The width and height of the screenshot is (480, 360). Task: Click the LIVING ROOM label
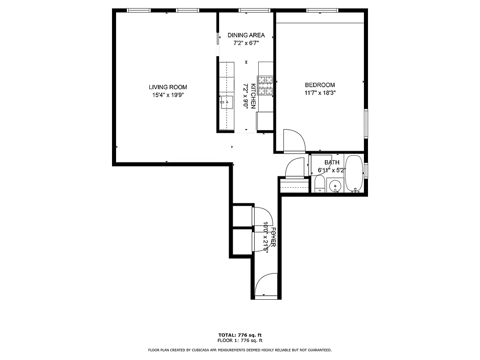[x=168, y=87]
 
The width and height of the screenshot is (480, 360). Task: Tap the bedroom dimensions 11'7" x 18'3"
[x=320, y=93]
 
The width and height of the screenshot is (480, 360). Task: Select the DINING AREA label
[x=246, y=35]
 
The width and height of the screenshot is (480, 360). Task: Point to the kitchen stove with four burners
[x=265, y=86]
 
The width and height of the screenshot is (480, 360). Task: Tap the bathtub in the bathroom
[x=354, y=174]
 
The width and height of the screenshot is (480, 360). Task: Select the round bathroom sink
[x=335, y=185]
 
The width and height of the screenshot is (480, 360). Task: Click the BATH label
[x=332, y=162]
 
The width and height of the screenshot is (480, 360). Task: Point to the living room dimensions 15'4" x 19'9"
[x=168, y=95]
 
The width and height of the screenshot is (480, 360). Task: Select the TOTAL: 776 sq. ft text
[x=240, y=335]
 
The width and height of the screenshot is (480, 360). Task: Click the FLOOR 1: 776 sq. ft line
[x=240, y=341]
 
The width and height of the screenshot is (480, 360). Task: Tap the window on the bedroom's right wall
[x=366, y=124]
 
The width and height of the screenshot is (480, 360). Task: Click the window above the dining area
[x=254, y=10]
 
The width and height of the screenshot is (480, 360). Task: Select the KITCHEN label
[x=253, y=96]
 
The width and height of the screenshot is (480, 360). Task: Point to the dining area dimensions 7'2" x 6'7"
[x=246, y=43]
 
